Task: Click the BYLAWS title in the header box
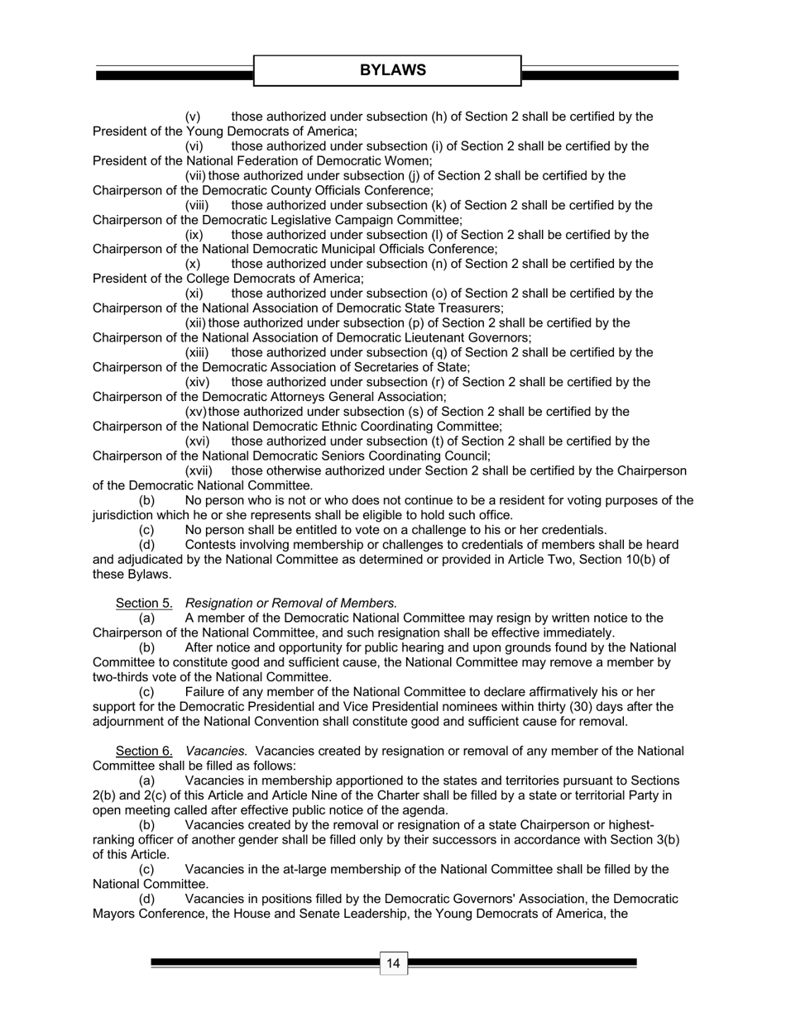pos(393,70)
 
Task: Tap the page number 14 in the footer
pos(393,963)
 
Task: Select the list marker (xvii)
pos(199,470)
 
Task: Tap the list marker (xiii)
pos(198,352)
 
